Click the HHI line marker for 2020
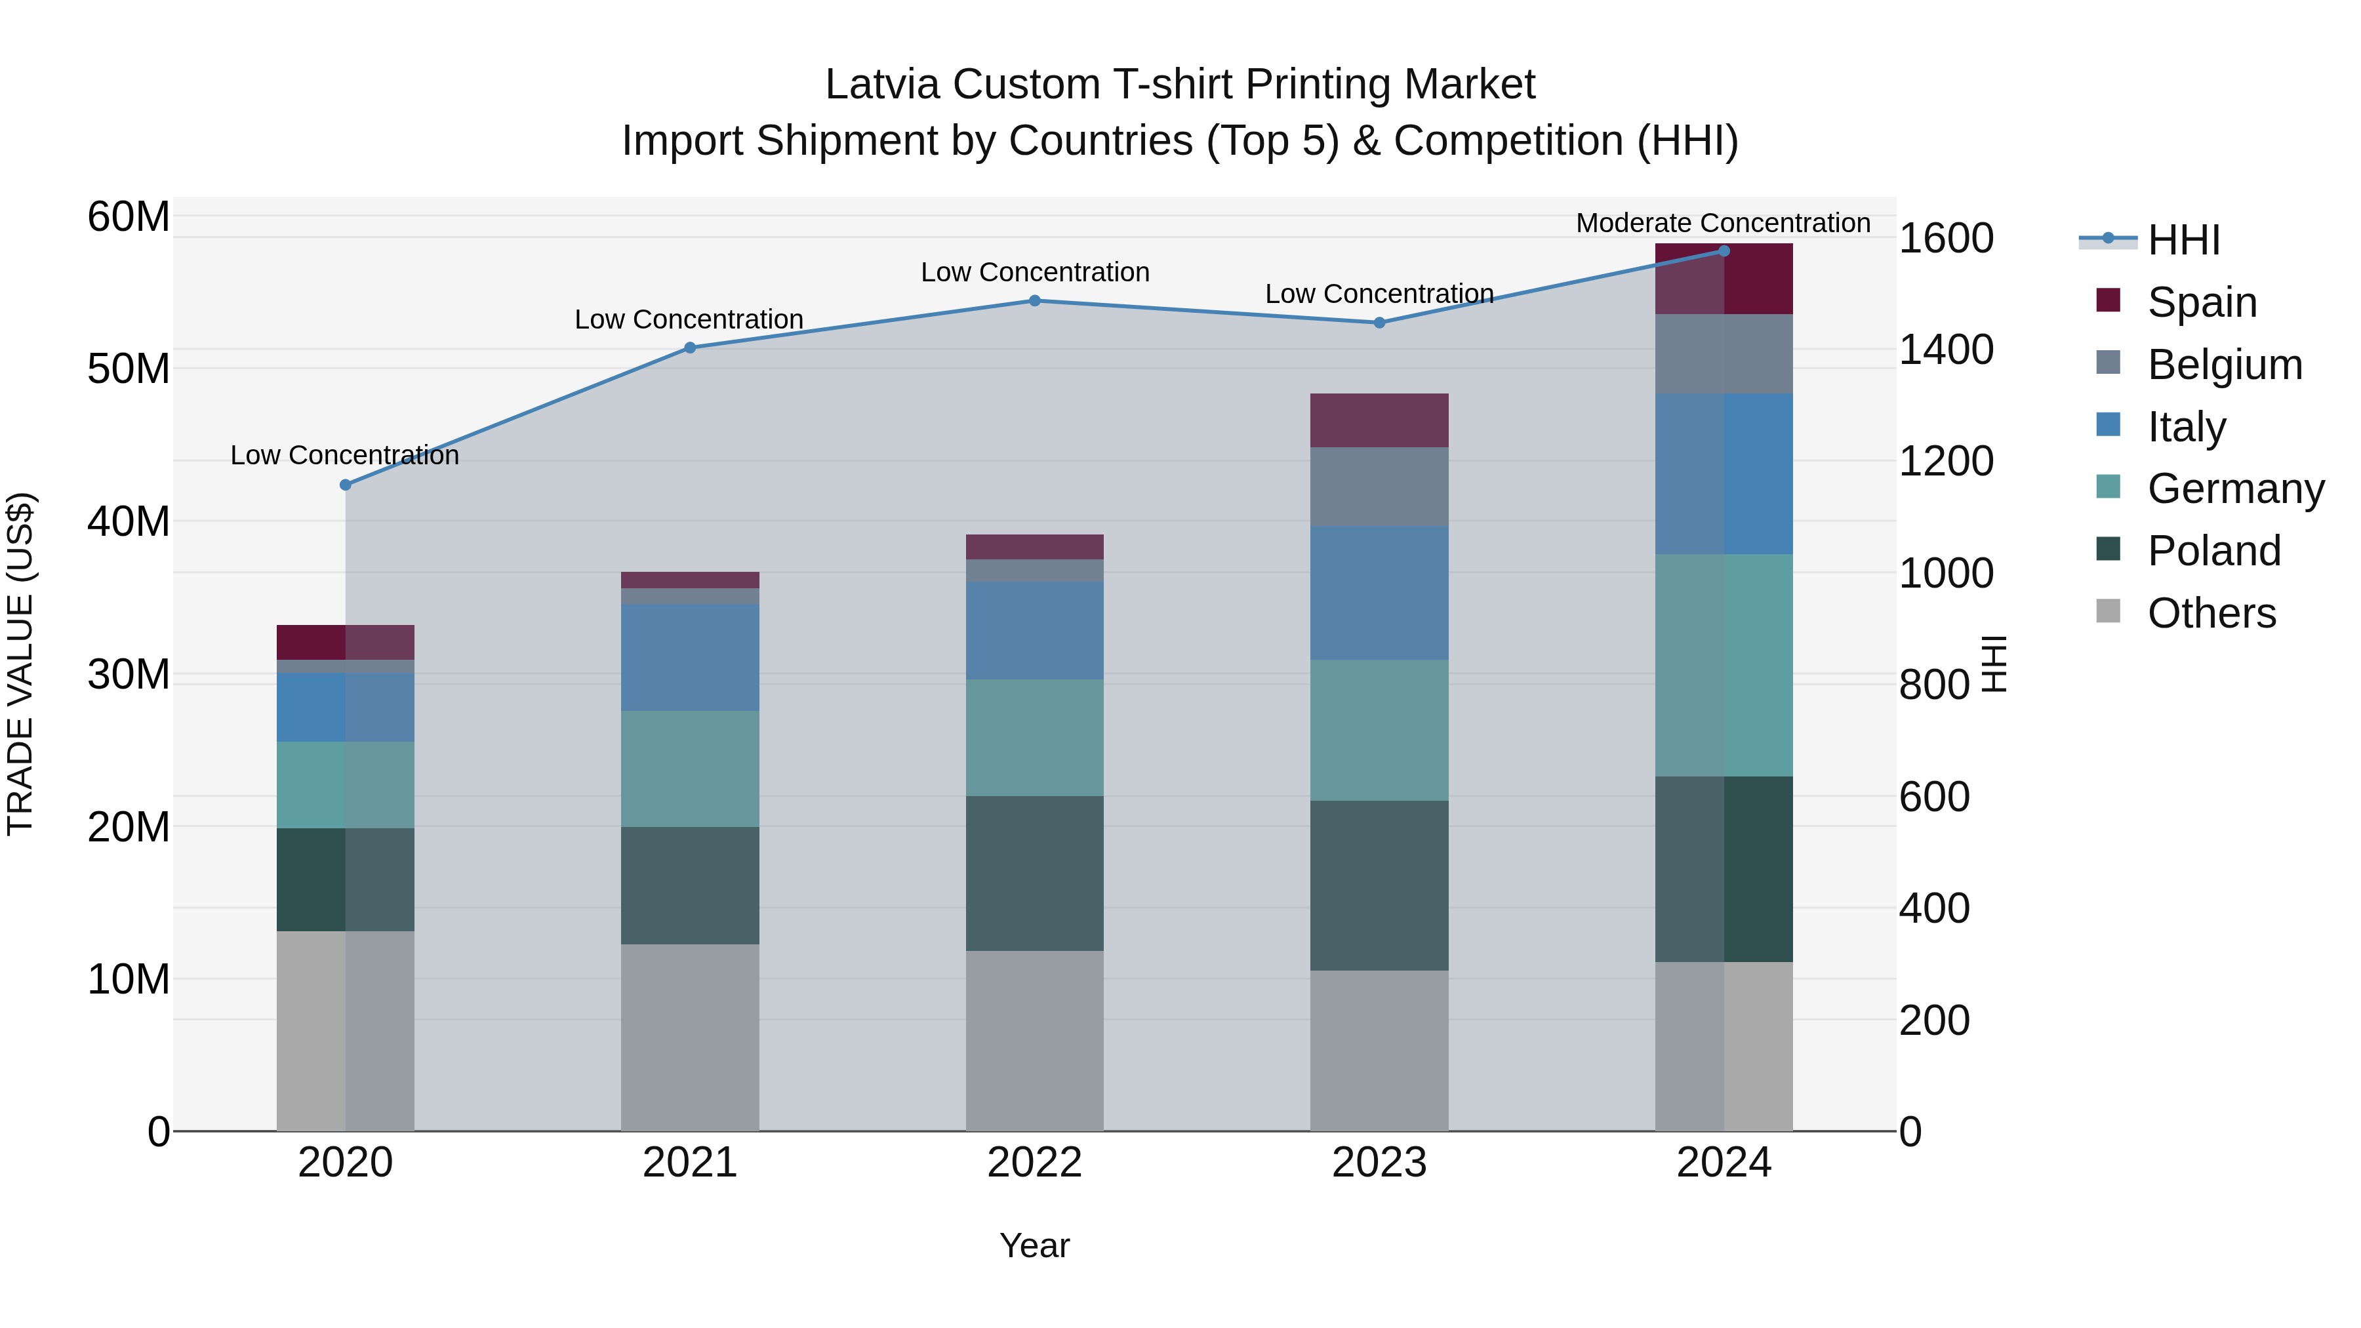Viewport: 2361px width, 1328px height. click(x=346, y=485)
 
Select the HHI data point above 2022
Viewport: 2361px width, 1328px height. click(x=1035, y=300)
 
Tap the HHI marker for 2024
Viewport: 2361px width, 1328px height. click(x=1724, y=251)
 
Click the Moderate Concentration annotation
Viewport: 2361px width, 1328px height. click(x=1723, y=223)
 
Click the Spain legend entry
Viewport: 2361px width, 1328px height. click(x=2202, y=302)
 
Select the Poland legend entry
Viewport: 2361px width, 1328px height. click(x=2213, y=551)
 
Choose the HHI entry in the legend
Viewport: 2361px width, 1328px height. click(x=2183, y=240)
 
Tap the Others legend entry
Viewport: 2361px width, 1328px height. click(x=2211, y=613)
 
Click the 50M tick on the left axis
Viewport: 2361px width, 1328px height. click(x=129, y=369)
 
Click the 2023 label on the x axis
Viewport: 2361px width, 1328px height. click(x=1379, y=1163)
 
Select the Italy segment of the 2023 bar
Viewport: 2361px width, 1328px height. click(x=1379, y=592)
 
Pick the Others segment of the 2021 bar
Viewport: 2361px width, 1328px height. click(x=690, y=1037)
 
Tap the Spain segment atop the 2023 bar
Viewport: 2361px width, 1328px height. click(x=1379, y=420)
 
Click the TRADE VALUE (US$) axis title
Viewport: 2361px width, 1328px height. click(x=21, y=664)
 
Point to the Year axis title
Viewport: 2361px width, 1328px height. click(x=1035, y=1245)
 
